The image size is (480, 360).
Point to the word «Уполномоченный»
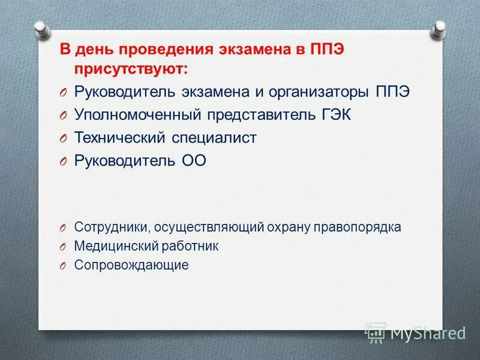coord(138,115)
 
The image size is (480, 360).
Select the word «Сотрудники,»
coord(112,227)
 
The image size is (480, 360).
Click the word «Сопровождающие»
coord(131,265)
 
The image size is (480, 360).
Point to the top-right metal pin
coord(440,26)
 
